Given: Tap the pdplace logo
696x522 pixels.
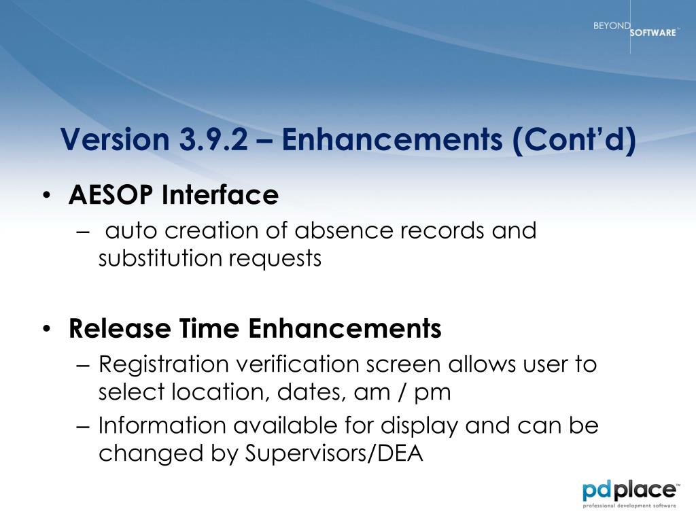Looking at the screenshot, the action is pyautogui.click(x=630, y=493).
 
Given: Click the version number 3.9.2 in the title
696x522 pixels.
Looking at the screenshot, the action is pyautogui.click(x=214, y=139).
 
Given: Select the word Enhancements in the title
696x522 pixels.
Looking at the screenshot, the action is pyautogui.click(x=392, y=139).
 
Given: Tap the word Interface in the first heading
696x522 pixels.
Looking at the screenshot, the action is pyautogui.click(x=220, y=194).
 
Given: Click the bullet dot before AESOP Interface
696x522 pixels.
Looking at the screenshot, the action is pyautogui.click(x=47, y=196).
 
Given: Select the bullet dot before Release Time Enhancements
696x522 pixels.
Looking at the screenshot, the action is pyautogui.click(x=47, y=329).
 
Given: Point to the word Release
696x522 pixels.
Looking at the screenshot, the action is pyautogui.click(x=120, y=328).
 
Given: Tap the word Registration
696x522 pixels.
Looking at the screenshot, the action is pyautogui.click(x=163, y=365).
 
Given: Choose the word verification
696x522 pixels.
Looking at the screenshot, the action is pyautogui.click(x=298, y=364).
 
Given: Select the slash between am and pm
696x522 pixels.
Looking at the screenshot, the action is pyautogui.click(x=402, y=392).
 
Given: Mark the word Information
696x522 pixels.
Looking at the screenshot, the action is pyautogui.click(x=162, y=425).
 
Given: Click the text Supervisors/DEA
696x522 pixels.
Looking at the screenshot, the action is pyautogui.click(x=334, y=453).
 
